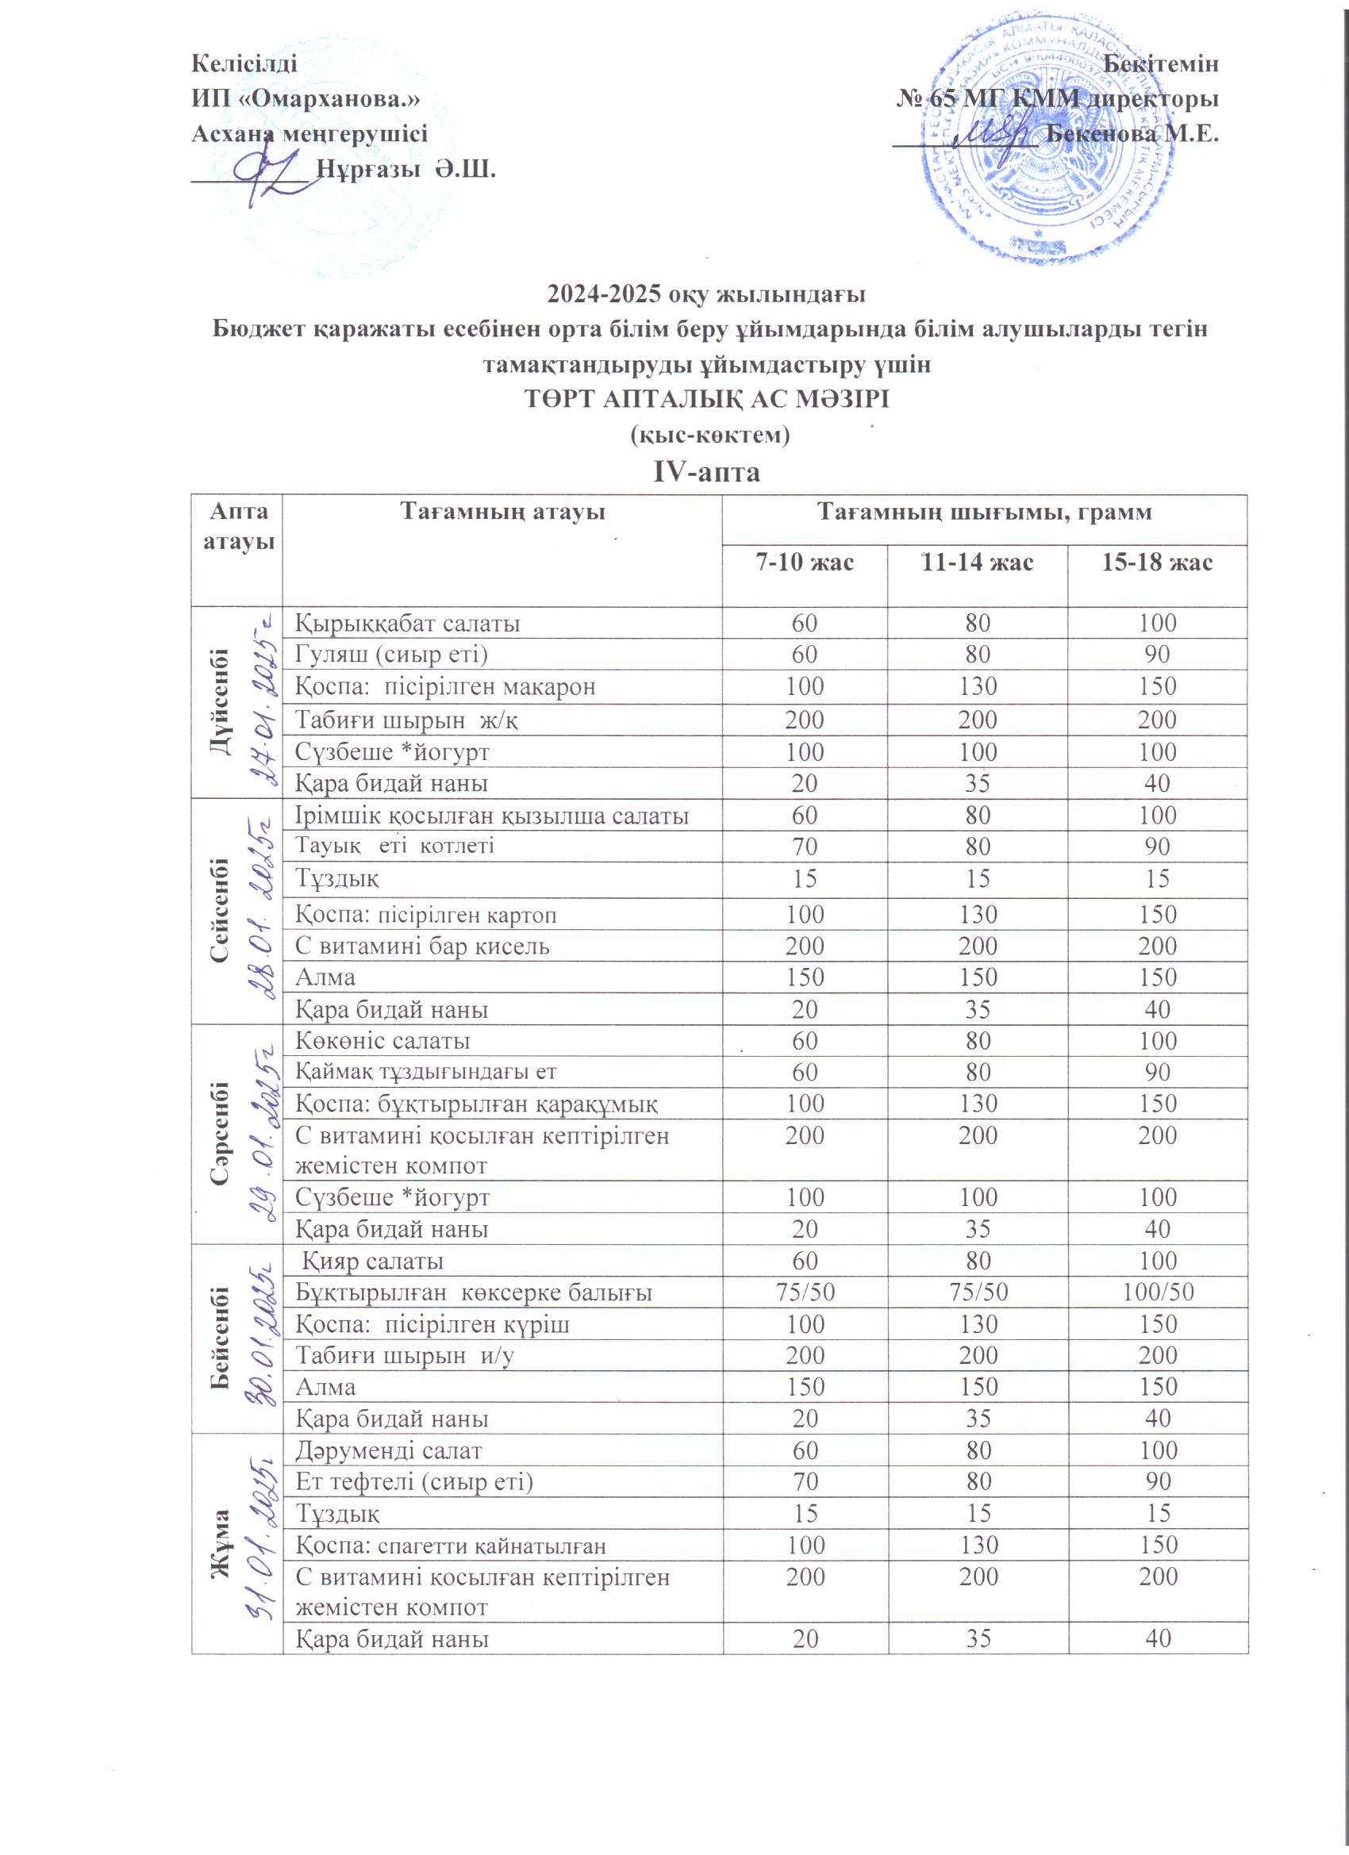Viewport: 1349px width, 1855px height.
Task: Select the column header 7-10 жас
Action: (x=804, y=563)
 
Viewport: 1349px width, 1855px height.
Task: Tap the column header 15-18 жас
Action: (x=1158, y=563)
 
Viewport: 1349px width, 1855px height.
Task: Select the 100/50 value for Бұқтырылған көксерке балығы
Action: (x=1158, y=1292)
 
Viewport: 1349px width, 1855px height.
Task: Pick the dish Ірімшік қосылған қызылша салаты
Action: (x=491, y=816)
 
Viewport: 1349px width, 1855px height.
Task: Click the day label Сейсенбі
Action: (x=220, y=910)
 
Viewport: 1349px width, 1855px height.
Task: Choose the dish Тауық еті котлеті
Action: (x=394, y=845)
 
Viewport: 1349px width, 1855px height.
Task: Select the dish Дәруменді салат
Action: (x=389, y=1451)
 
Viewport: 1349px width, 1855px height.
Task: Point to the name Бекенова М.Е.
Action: (x=1133, y=133)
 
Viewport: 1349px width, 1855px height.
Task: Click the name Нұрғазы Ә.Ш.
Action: (x=406, y=170)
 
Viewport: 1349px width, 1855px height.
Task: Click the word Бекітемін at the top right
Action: (x=1161, y=63)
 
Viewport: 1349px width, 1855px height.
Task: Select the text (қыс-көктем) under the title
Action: (x=709, y=435)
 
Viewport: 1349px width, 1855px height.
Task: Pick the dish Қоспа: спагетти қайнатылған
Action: (x=450, y=1546)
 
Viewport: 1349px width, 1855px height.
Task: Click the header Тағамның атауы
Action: (x=502, y=513)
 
